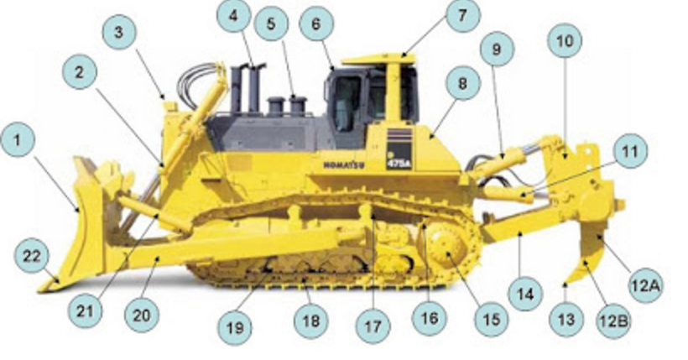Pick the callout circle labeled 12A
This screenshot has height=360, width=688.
point(645,286)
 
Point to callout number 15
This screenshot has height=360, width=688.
point(491,318)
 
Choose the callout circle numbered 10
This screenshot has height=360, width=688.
point(564,40)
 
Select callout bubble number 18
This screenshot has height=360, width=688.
point(312,320)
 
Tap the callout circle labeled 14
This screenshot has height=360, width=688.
point(524,294)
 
